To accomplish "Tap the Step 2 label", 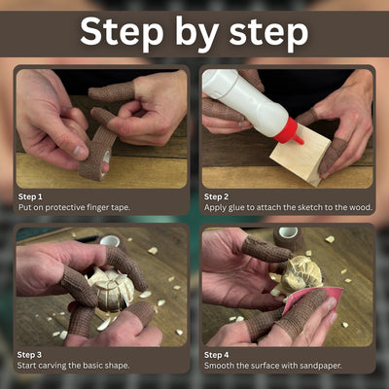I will (216, 195).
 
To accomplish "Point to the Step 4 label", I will (216, 355).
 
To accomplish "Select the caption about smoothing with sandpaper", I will (274, 367).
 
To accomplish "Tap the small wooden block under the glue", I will (297, 156).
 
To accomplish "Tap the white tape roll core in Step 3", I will (110, 241).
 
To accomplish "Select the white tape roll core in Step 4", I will (288, 234).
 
